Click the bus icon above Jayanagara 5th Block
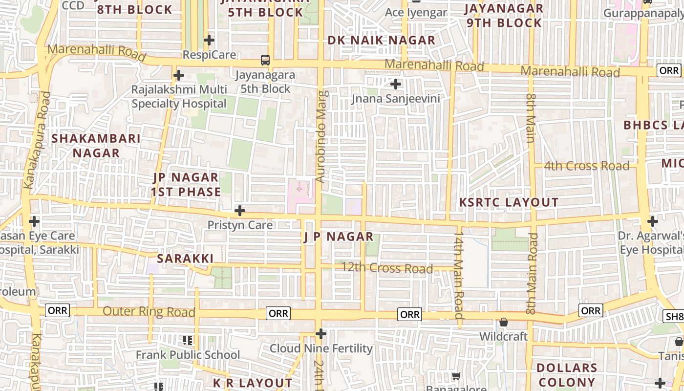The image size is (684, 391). coord(265,60)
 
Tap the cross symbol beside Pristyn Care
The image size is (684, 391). coord(240,211)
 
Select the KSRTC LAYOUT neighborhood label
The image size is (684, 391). coord(509,202)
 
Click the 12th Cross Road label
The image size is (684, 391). coord(386,268)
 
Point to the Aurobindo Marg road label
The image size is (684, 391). coord(320,137)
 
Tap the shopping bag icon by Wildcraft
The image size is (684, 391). coord(503,322)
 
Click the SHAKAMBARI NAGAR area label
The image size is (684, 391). coord(96,146)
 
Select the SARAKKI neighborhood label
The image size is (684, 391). coord(185,259)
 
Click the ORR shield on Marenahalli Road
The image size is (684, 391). coord(668,70)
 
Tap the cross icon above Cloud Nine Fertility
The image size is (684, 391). coord(321,334)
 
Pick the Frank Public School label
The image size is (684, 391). coord(188,355)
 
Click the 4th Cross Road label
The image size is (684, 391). coord(586,166)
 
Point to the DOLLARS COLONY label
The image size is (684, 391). coord(567,375)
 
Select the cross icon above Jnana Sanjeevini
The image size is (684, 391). coord(396,84)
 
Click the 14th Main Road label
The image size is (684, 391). coord(458,276)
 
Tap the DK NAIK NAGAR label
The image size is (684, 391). coord(381,41)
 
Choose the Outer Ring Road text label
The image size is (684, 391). coord(149,311)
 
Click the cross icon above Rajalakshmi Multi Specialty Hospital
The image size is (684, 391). coord(179,75)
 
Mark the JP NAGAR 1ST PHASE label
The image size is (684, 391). coord(186,184)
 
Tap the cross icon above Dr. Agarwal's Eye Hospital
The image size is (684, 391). coord(653,221)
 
